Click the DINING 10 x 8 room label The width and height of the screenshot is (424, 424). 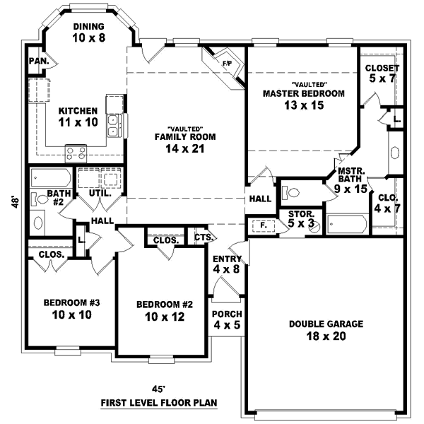(x=88, y=33)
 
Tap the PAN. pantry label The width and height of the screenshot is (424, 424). (x=38, y=61)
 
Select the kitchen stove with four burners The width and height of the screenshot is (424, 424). (x=75, y=152)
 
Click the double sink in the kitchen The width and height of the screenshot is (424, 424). (x=113, y=125)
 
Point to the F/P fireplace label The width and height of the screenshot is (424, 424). (x=227, y=64)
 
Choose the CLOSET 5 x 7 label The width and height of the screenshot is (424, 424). (x=382, y=73)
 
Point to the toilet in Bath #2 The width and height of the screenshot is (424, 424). (x=40, y=222)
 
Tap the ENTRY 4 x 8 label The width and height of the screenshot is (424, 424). (x=228, y=264)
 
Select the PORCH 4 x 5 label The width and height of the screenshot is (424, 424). (x=228, y=319)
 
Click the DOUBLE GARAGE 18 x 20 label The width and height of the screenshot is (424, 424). (x=326, y=330)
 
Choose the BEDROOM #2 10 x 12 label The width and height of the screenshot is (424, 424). (x=165, y=311)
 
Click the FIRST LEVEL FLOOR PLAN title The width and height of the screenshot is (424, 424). (x=158, y=403)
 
